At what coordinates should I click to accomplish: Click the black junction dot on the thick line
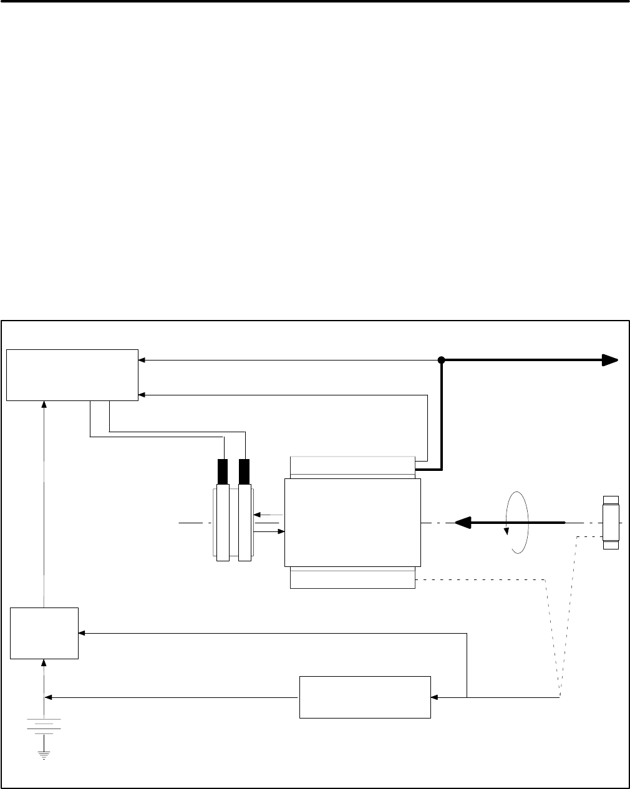pyautogui.click(x=441, y=360)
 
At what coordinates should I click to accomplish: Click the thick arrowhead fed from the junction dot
pyautogui.click(x=609, y=360)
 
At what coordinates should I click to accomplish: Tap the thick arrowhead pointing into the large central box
pyautogui.click(x=461, y=522)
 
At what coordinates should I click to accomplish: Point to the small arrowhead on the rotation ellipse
pyautogui.click(x=506, y=532)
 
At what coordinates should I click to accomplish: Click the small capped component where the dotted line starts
pyautogui.click(x=611, y=523)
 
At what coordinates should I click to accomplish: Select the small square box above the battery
pyautogui.click(x=44, y=633)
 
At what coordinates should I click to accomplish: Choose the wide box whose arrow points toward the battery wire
pyautogui.click(x=365, y=697)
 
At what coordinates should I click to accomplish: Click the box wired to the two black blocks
pyautogui.click(x=72, y=374)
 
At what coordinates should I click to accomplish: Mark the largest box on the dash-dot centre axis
pyautogui.click(x=352, y=522)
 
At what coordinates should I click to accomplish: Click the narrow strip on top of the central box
pyautogui.click(x=352, y=467)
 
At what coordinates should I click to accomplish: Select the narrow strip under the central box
pyautogui.click(x=352, y=578)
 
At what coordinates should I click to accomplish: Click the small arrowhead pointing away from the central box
pyautogui.click(x=258, y=515)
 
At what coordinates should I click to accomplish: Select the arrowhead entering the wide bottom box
pyautogui.click(x=435, y=697)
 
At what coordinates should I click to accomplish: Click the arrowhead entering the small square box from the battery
pyautogui.click(x=44, y=662)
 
